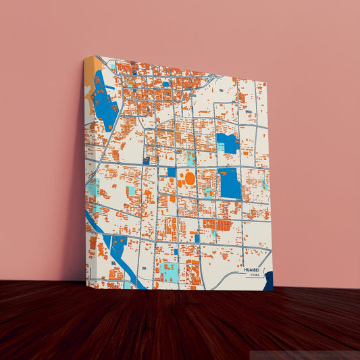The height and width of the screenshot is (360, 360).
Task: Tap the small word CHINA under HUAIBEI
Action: click(254, 276)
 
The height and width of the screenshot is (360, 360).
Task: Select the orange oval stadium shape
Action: click(190, 178)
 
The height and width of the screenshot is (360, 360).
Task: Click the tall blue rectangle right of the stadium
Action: click(230, 182)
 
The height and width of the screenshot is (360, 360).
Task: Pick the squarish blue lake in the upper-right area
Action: click(227, 143)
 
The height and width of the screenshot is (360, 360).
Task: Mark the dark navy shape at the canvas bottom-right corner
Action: click(268, 281)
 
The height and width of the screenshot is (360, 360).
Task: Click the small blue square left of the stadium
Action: click(172, 172)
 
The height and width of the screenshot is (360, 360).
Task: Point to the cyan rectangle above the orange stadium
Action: click(190, 159)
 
